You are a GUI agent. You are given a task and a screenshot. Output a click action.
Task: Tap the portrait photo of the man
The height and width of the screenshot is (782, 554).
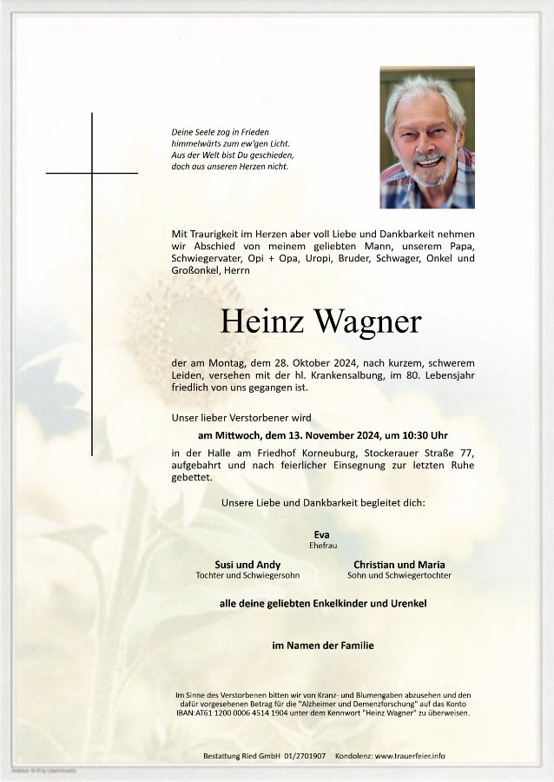pyautogui.click(x=427, y=137)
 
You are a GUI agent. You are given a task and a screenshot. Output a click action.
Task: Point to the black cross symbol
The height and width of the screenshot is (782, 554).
pyautogui.click(x=92, y=173)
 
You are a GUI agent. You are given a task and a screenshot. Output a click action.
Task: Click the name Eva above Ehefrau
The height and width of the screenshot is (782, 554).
pyautogui.click(x=322, y=533)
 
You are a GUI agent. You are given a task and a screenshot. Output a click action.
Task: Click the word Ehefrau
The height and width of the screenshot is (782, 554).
pyautogui.click(x=322, y=545)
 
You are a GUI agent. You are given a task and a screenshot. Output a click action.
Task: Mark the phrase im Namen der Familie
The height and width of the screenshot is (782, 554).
pyautogui.click(x=322, y=646)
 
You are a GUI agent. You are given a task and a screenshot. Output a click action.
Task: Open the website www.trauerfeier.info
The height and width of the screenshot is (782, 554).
pyautogui.click(x=410, y=756)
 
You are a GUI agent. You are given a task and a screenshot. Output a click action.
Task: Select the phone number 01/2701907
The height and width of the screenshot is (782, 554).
pyautogui.click(x=303, y=756)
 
